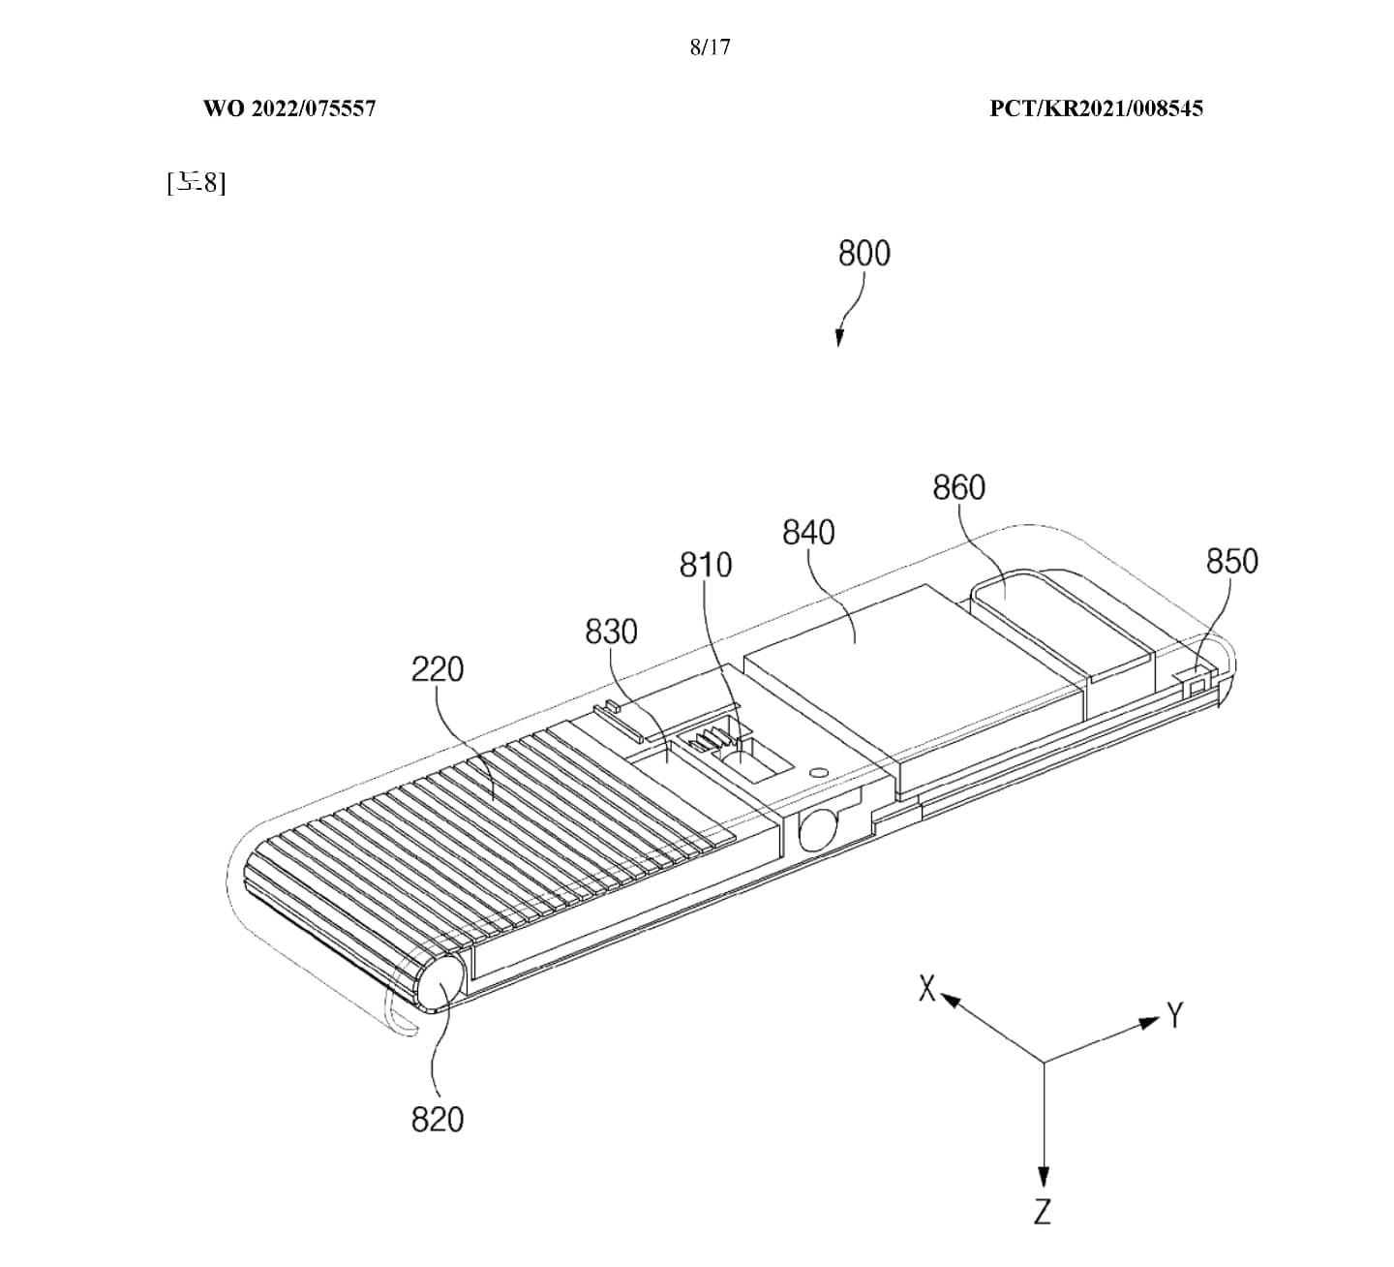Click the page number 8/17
tap(710, 46)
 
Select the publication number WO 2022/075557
tap(288, 108)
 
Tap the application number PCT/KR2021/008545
tap(1096, 108)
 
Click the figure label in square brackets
tap(196, 181)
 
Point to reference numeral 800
tap(864, 254)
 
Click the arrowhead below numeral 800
tap(839, 339)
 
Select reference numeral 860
tap(958, 487)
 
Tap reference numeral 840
tap(808, 532)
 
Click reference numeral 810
tap(706, 565)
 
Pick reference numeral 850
tap(1231, 561)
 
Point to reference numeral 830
tap(611, 632)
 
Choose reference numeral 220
tap(438, 669)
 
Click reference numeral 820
tap(438, 1120)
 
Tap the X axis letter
tap(927, 989)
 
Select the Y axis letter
tap(1175, 1016)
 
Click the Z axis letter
tap(1043, 1212)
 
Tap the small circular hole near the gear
tap(818, 772)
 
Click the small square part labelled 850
tap(1198, 684)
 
